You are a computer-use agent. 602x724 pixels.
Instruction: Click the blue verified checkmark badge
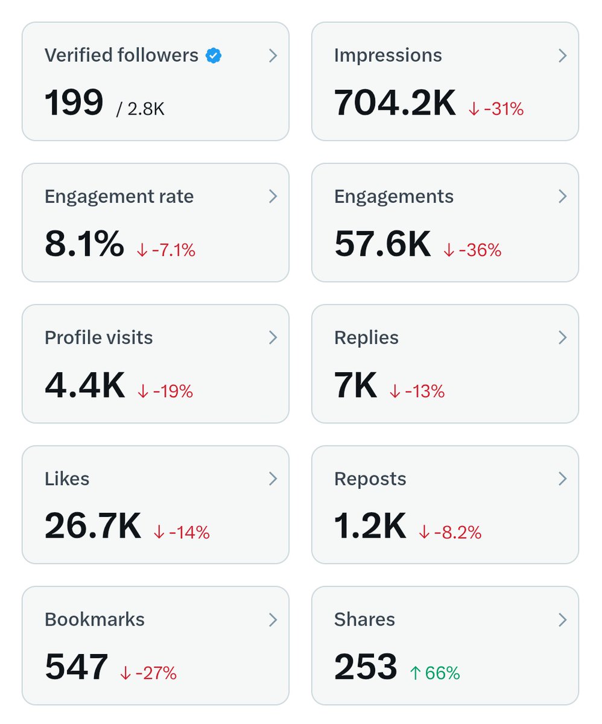pyautogui.click(x=214, y=56)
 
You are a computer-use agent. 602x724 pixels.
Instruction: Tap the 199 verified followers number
pyautogui.click(x=74, y=103)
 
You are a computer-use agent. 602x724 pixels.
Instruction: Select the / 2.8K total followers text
pyautogui.click(x=141, y=109)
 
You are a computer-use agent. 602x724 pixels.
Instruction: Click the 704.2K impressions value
pyautogui.click(x=395, y=103)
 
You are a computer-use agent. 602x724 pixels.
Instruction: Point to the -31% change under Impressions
pyautogui.click(x=496, y=109)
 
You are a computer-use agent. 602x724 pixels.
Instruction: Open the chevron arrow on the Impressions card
pyautogui.click(x=562, y=56)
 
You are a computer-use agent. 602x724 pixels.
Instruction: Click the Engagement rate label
pyautogui.click(x=119, y=197)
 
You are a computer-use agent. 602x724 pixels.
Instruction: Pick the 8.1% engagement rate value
pyautogui.click(x=84, y=244)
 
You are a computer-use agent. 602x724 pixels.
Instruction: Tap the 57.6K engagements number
pyautogui.click(x=382, y=244)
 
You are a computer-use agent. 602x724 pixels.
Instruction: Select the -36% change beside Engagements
pyautogui.click(x=473, y=250)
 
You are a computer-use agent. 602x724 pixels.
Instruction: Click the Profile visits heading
pyautogui.click(x=98, y=338)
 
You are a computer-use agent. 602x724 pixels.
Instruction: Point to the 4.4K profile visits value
pyautogui.click(x=84, y=385)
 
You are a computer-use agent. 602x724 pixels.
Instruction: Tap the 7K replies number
pyautogui.click(x=355, y=385)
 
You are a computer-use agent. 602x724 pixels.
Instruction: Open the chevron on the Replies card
pyautogui.click(x=562, y=338)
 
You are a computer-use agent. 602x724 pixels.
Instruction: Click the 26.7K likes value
pyautogui.click(x=93, y=526)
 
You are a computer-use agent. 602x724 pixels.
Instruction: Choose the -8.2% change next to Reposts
pyautogui.click(x=450, y=532)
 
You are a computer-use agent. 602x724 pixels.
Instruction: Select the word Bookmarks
pyautogui.click(x=95, y=620)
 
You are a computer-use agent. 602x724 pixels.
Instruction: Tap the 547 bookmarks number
pyautogui.click(x=77, y=667)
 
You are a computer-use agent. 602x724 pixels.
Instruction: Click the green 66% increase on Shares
pyautogui.click(x=434, y=673)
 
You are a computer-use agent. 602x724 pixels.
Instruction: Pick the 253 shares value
pyautogui.click(x=366, y=667)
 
